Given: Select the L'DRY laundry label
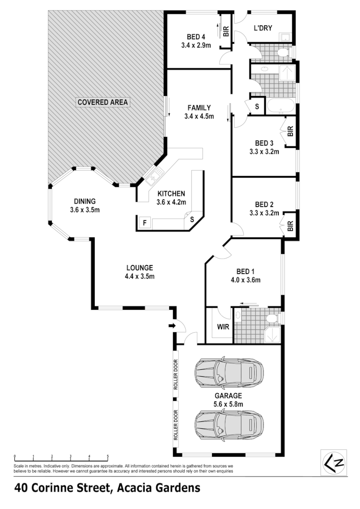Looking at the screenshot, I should point(263,28).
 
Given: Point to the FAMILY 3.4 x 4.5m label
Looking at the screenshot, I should point(199,112).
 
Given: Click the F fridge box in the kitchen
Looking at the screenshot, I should point(144,222).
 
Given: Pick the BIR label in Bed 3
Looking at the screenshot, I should point(290,132).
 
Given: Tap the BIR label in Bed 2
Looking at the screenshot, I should point(290,225).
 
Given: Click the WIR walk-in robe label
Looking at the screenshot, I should point(223,327).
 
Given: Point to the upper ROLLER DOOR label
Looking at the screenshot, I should point(176,375).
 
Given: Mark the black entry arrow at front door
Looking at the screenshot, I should point(172,327).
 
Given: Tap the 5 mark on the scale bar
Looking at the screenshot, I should point(108,457).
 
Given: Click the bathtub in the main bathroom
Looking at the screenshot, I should point(280,107).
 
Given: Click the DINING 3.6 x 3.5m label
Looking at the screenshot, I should point(85,206).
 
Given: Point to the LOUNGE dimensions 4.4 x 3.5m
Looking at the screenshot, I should point(139,276).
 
